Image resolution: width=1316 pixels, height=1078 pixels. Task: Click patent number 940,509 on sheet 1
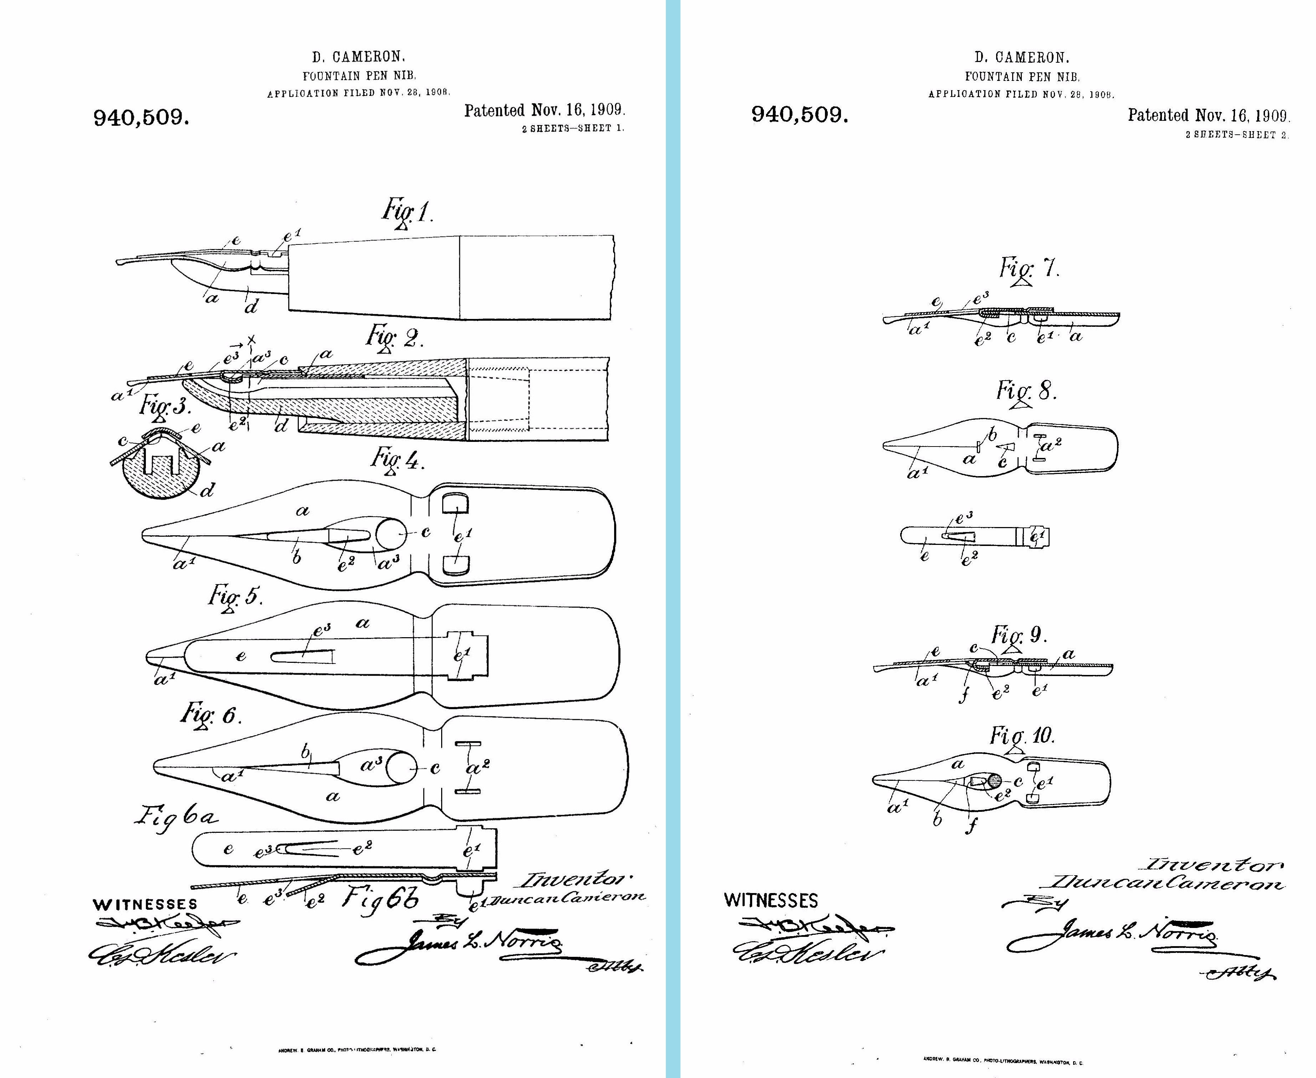point(141,117)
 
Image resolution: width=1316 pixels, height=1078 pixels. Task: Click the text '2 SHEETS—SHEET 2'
point(1236,135)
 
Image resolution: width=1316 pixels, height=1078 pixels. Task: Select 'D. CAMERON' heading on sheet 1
point(358,57)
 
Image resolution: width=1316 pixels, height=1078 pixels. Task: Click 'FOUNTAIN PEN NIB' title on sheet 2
point(1022,77)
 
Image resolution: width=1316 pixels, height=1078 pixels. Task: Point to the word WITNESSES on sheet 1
point(145,904)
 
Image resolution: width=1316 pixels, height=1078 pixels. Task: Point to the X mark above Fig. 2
point(251,340)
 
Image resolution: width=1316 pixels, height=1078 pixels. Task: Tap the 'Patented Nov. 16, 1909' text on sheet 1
point(544,110)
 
